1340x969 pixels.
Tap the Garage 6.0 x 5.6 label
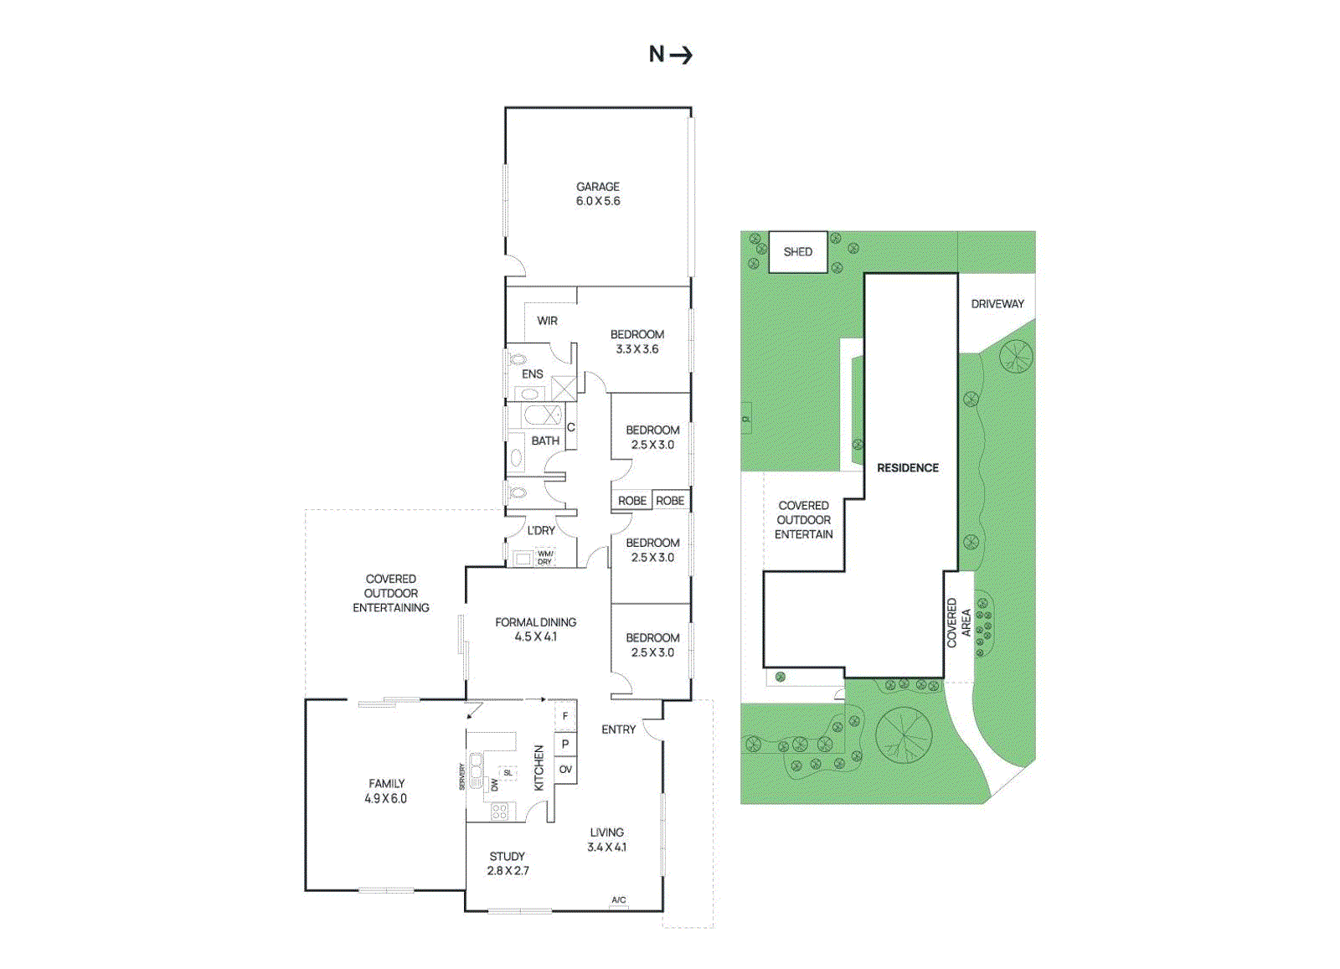pyautogui.click(x=598, y=193)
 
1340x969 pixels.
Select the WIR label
pyautogui.click(x=547, y=321)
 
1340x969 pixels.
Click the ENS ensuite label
pyautogui.click(x=532, y=374)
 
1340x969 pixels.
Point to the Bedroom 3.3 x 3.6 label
pyautogui.click(x=636, y=342)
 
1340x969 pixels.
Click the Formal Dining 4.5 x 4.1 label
pyautogui.click(x=535, y=629)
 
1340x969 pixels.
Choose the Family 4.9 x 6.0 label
pyautogui.click(x=386, y=791)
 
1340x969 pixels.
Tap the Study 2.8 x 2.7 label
pyautogui.click(x=508, y=863)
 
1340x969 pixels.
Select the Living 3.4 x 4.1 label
pyautogui.click(x=606, y=839)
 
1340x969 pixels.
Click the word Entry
pyautogui.click(x=618, y=729)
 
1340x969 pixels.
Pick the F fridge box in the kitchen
pyautogui.click(x=565, y=716)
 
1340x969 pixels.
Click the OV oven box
pyautogui.click(x=565, y=770)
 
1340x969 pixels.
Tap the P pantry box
pyautogui.click(x=565, y=743)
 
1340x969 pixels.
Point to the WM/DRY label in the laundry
pyautogui.click(x=544, y=558)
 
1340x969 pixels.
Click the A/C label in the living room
pyautogui.click(x=618, y=900)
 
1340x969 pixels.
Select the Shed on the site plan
pyautogui.click(x=797, y=251)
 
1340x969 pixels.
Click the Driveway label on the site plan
pyautogui.click(x=997, y=304)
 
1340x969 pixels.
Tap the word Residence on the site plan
pyautogui.click(x=908, y=468)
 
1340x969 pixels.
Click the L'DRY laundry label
pyautogui.click(x=541, y=530)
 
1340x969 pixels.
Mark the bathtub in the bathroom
pyautogui.click(x=542, y=415)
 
